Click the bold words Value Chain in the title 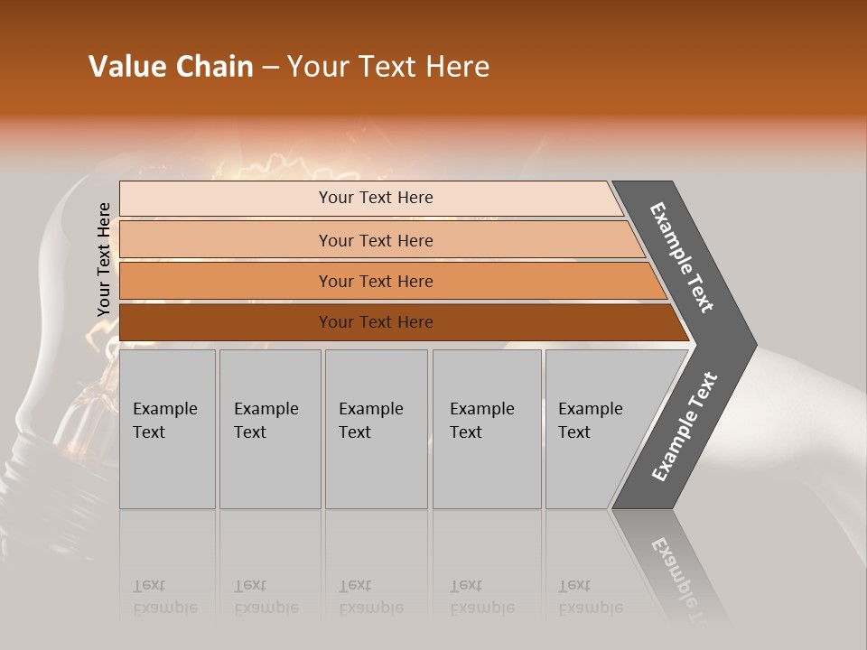[171, 67]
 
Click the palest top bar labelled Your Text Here [370, 198]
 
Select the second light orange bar [379, 240]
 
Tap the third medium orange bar [388, 281]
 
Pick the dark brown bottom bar [397, 322]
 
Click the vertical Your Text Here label [104, 260]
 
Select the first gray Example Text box [167, 429]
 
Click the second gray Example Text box [270, 429]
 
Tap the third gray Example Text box [376, 429]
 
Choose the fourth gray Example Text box [487, 429]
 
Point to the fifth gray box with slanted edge [596, 429]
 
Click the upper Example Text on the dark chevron [683, 257]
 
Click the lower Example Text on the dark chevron [685, 426]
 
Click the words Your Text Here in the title [388, 67]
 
